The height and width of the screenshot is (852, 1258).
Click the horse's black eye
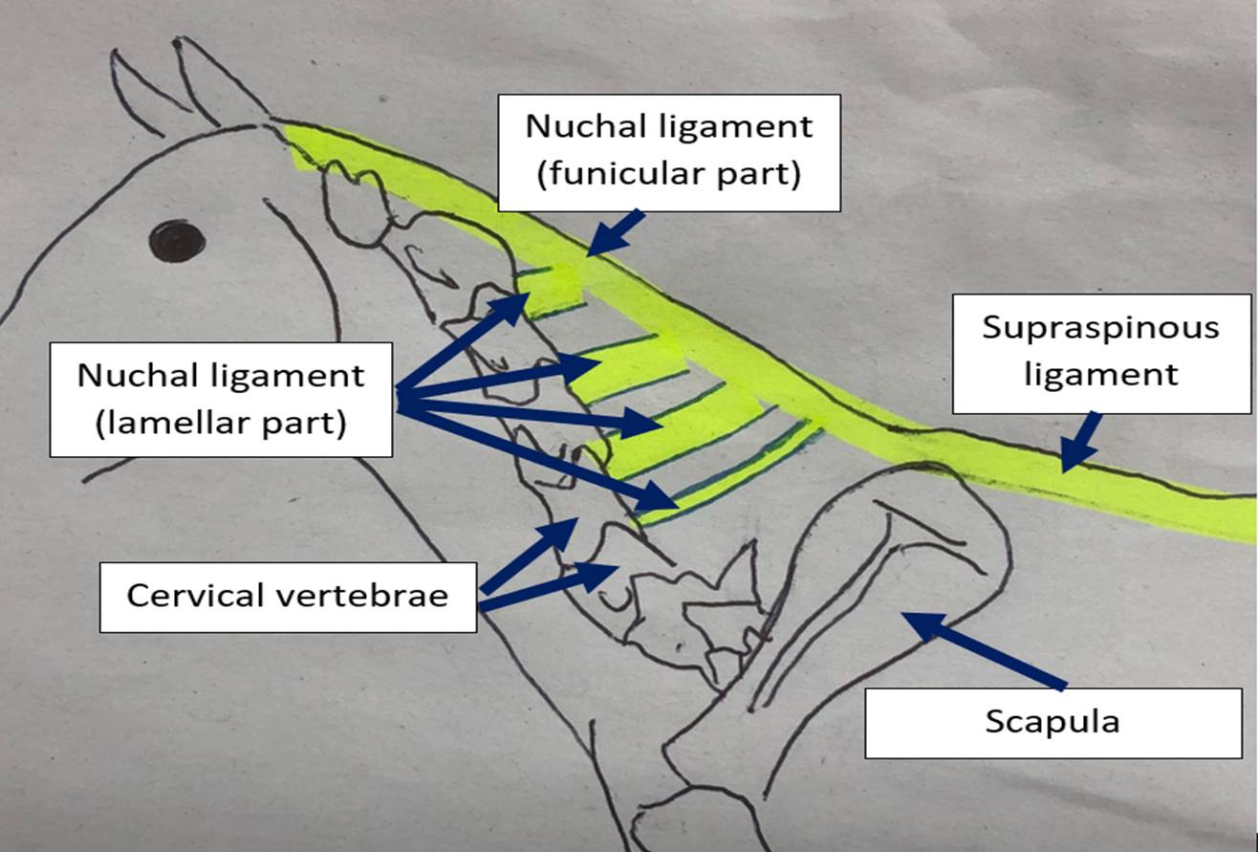pos(177,241)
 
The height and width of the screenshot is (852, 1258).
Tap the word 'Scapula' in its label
pos(1052,722)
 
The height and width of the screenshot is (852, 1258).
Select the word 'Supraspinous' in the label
pos(1101,328)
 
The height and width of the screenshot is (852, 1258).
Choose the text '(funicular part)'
pos(669,174)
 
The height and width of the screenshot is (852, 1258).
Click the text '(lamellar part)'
pos(221,424)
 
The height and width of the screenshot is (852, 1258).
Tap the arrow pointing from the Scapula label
pos(984,650)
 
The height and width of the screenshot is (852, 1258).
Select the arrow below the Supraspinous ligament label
pos(1080,443)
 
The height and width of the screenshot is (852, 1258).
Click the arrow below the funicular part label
pos(617,233)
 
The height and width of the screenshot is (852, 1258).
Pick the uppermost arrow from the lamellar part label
pos(463,343)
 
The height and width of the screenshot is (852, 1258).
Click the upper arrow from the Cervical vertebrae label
pos(529,556)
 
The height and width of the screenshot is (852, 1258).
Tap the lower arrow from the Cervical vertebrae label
pos(548,587)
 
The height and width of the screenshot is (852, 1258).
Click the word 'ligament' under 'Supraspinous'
pos(1101,375)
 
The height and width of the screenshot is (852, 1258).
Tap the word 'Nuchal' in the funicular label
pos(586,126)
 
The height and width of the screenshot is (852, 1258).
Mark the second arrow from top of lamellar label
pos(498,377)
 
